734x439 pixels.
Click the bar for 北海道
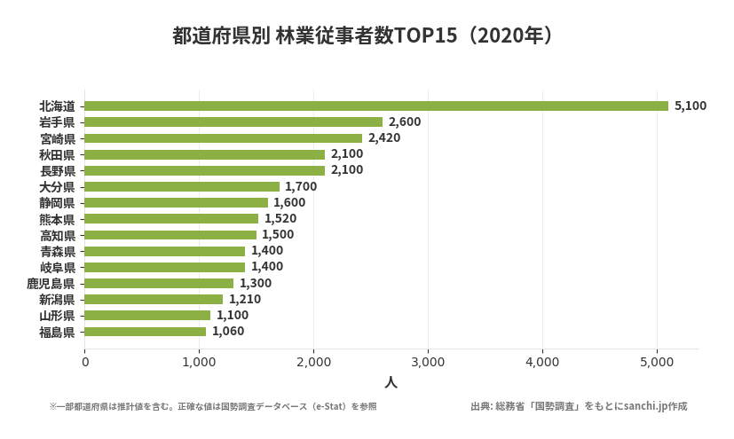(x=376, y=106)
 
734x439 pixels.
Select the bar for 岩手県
(x=233, y=122)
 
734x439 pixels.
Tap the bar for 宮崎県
(x=224, y=138)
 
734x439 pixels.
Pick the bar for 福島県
(x=146, y=332)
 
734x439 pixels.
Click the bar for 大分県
(x=182, y=186)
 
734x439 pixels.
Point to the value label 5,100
(x=691, y=106)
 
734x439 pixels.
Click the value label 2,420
(x=384, y=138)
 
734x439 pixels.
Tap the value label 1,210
(x=245, y=300)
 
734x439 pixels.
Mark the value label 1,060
(x=228, y=332)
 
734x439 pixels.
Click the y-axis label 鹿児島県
(x=51, y=284)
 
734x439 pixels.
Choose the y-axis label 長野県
(x=58, y=170)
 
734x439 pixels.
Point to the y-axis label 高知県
(x=58, y=235)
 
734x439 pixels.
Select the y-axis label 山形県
(x=58, y=316)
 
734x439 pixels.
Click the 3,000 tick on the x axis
(x=428, y=362)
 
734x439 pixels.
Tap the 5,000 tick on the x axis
(x=656, y=362)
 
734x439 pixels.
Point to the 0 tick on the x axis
(x=85, y=362)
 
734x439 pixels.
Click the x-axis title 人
(x=391, y=383)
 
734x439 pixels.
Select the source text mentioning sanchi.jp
(x=579, y=406)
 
